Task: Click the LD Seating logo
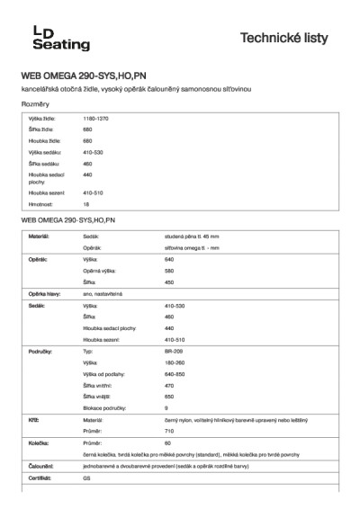click(48, 38)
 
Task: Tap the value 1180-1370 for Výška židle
click(96, 119)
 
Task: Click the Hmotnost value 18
click(86, 205)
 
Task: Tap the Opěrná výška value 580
click(170, 271)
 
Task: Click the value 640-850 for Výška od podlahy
click(175, 372)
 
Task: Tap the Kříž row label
click(33, 420)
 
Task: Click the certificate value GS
click(87, 479)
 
